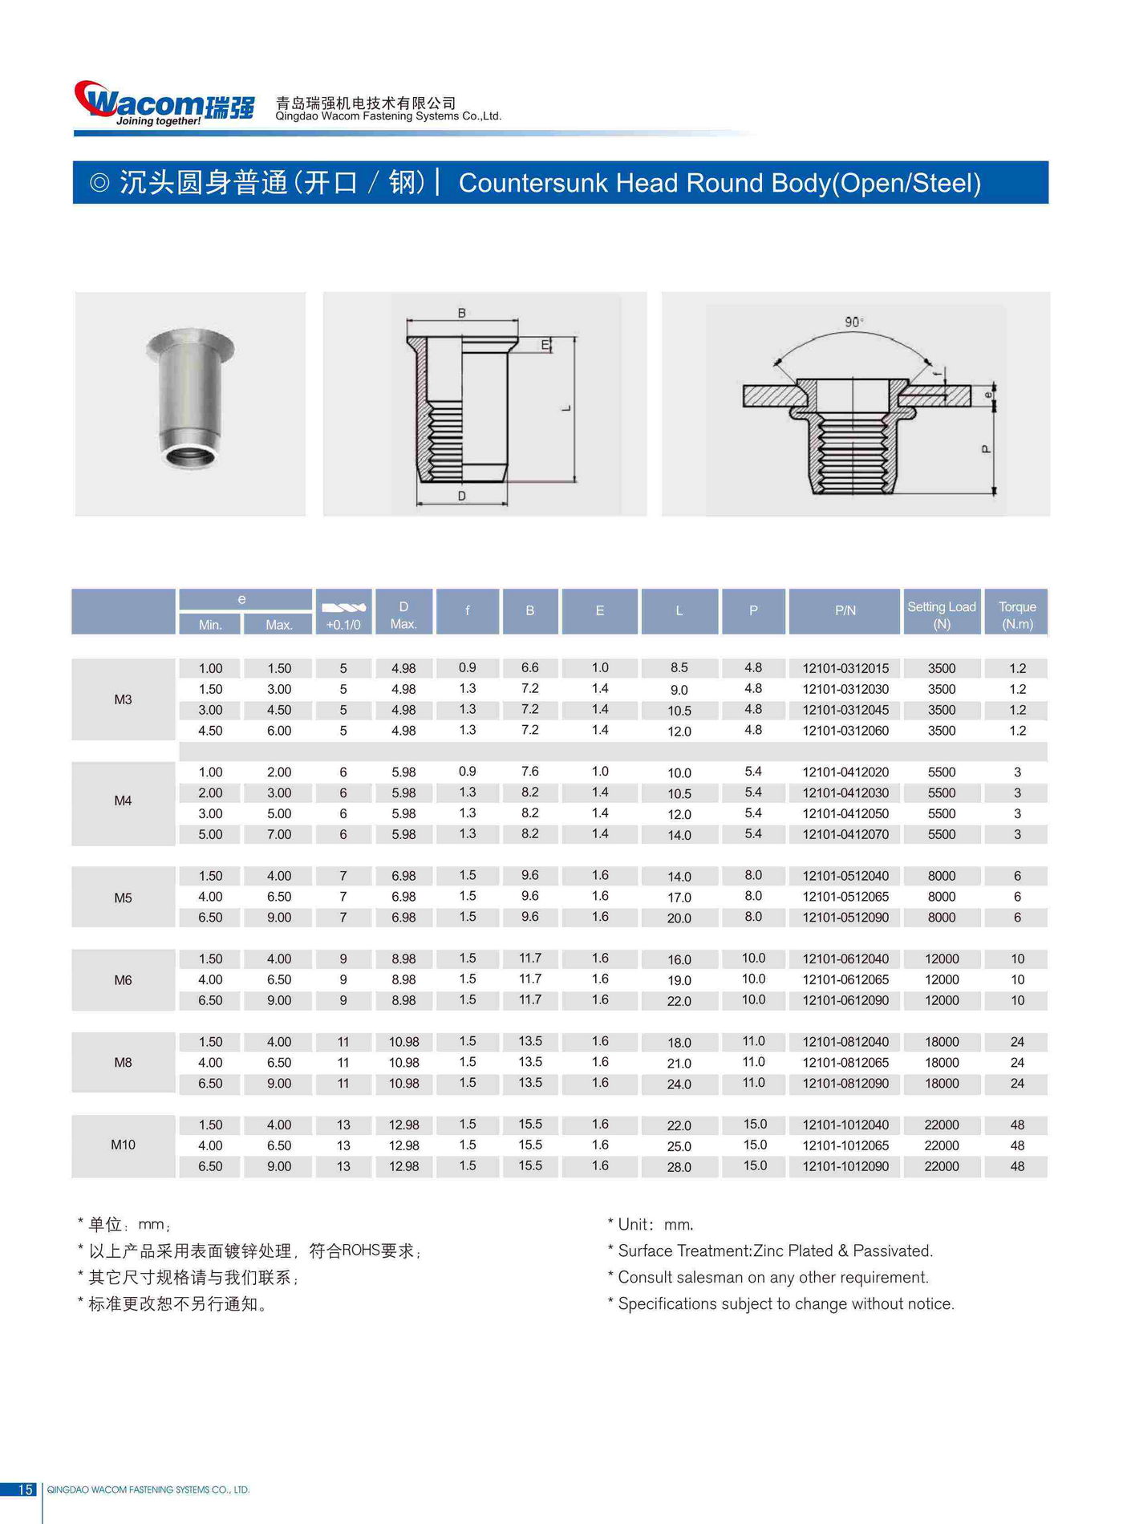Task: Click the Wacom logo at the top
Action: coord(164,103)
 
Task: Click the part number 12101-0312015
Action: coord(845,668)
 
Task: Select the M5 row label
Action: coord(123,898)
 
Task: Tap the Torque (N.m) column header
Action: coord(1017,614)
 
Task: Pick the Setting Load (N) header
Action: coord(941,614)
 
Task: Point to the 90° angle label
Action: coord(853,322)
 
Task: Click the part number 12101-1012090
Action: coord(845,1166)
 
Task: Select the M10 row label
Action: coord(123,1145)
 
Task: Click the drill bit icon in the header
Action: coord(343,607)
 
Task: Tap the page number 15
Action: coord(25,1490)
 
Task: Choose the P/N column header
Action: coord(845,610)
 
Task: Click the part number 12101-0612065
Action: coord(845,979)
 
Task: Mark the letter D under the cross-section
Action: coord(462,496)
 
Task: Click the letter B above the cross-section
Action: coord(462,313)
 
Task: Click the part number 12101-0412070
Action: coord(845,834)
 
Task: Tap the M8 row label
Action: coord(123,1062)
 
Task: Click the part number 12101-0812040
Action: coord(845,1042)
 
